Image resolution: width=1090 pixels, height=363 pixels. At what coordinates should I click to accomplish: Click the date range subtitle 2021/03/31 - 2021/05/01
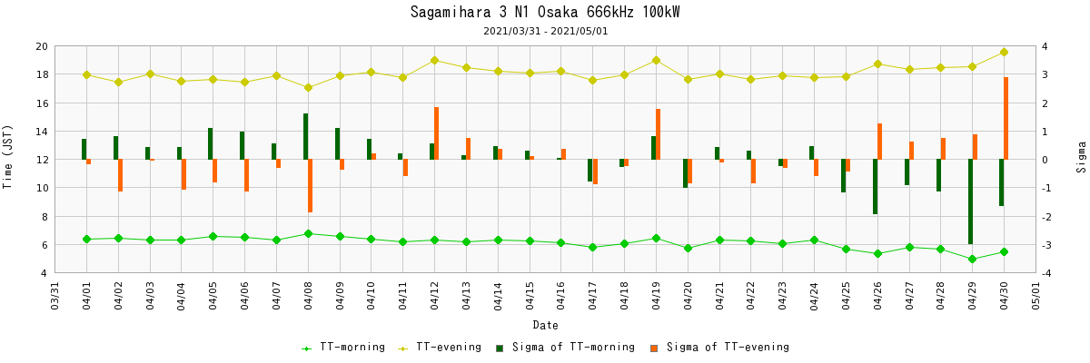click(x=545, y=31)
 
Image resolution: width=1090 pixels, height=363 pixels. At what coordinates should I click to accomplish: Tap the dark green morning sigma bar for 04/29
click(x=970, y=201)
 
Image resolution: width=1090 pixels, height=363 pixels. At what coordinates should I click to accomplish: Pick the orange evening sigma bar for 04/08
click(x=310, y=186)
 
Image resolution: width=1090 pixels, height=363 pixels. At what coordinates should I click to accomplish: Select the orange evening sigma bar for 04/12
click(x=436, y=133)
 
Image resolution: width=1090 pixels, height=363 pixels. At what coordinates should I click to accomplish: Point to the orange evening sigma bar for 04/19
click(x=658, y=134)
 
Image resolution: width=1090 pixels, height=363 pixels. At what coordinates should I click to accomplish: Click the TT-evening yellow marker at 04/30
click(x=1004, y=52)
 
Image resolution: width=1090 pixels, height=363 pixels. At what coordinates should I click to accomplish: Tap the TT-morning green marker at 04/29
click(x=972, y=259)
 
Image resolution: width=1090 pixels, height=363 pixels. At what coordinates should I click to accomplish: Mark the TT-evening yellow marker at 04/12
click(x=434, y=60)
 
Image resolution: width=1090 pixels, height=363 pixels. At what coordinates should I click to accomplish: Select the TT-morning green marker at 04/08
click(x=308, y=233)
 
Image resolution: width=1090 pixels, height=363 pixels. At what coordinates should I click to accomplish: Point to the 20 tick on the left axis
click(x=41, y=46)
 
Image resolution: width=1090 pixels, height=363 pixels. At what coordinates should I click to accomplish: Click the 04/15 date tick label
click(x=530, y=296)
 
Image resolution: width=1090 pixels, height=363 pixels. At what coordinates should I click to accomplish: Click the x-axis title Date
click(x=545, y=325)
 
